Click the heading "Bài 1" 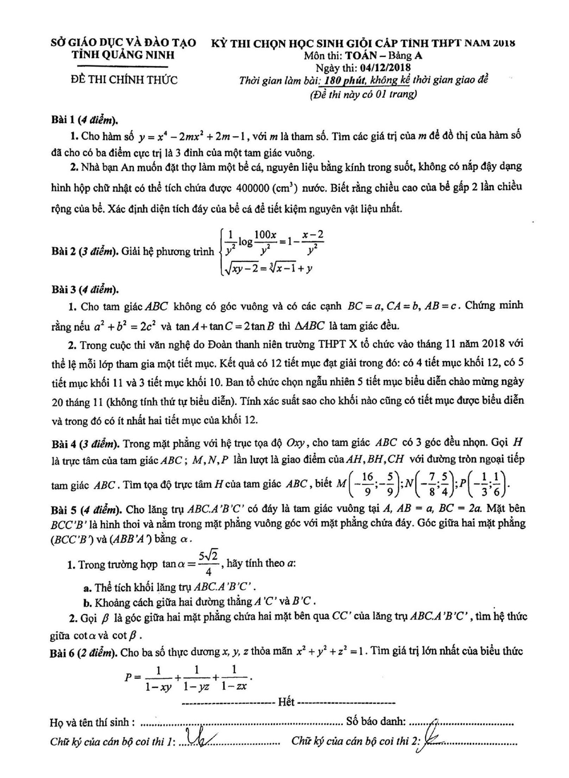click(63, 119)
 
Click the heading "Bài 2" click(63, 251)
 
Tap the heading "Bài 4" click(63, 443)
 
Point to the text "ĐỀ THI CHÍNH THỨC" click(123, 80)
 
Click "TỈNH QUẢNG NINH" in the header click(123, 55)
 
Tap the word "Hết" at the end click(286, 702)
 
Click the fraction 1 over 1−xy click(159, 678)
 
